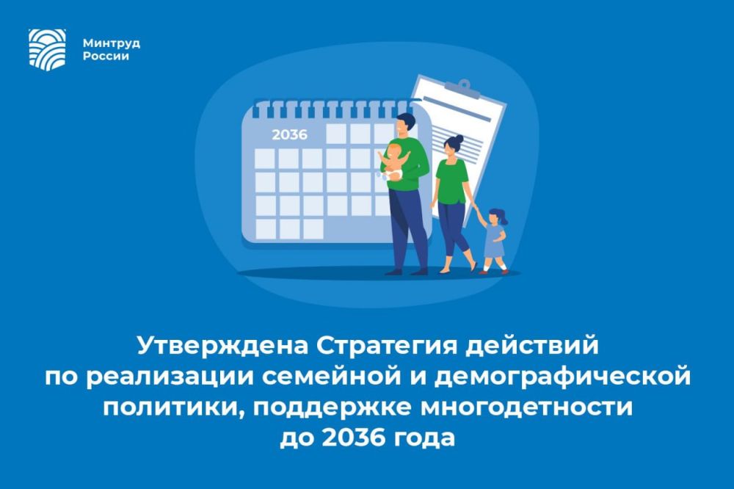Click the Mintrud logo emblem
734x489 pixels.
47,49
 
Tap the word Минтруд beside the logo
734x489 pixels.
112,43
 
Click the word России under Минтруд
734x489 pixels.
106,57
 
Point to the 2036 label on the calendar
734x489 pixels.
289,135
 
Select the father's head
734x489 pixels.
404,124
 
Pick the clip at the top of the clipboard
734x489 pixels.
462,89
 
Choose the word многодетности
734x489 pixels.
526,407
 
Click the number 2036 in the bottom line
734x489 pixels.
354,438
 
